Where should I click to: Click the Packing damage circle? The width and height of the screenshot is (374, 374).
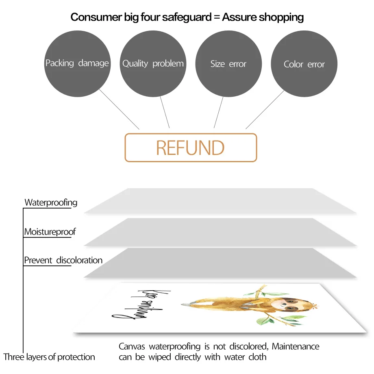click(77, 63)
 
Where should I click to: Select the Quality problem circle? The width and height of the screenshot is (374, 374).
click(153, 63)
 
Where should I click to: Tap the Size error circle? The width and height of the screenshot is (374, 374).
click(228, 63)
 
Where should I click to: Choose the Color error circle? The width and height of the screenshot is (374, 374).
click(304, 64)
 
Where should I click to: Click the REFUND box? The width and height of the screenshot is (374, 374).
click(191, 148)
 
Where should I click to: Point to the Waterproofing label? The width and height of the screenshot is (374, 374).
click(51, 202)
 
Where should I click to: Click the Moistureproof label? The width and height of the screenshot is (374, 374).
click(50, 232)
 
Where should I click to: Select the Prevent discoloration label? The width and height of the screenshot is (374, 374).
click(63, 260)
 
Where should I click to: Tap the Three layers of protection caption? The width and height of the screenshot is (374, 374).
click(49, 357)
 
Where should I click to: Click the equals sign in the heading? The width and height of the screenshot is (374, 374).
click(214, 17)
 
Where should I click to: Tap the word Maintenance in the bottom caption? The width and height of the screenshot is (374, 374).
click(296, 347)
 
